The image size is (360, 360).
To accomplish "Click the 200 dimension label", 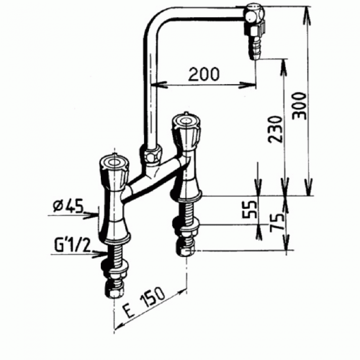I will tap(203, 73).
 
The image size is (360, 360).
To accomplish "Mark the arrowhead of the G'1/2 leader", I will tap(105, 253).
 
